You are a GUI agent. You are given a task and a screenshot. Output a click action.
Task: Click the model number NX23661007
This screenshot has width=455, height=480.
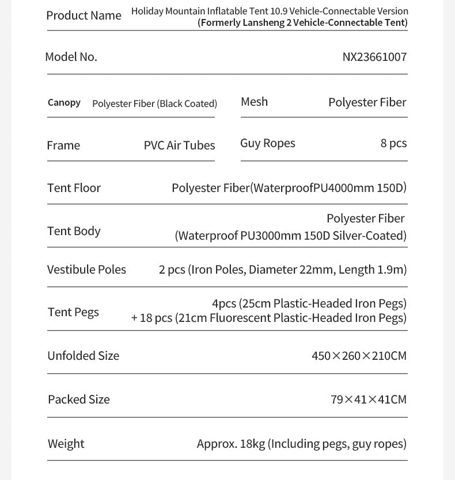point(374,57)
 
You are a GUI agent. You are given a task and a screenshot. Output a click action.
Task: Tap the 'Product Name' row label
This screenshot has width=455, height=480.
point(84,16)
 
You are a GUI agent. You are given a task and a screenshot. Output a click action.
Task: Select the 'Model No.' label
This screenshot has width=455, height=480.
point(71,57)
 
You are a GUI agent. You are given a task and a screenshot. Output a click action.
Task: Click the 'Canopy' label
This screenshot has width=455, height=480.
point(64,103)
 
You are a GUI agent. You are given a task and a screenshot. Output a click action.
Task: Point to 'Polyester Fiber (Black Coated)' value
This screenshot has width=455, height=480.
point(154,103)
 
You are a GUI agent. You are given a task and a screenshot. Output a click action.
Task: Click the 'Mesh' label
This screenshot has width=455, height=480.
point(254,102)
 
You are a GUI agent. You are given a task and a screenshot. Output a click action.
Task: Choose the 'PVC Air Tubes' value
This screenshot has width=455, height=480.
point(179,145)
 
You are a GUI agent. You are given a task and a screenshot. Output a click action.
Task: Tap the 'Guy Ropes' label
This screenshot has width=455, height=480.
point(267,143)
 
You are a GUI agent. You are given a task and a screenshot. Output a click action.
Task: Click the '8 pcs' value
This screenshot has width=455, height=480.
point(393,143)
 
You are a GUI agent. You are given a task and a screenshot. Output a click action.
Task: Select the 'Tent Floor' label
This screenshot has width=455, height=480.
point(74,188)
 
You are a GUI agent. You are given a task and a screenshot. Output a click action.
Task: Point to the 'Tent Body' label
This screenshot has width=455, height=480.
point(74,231)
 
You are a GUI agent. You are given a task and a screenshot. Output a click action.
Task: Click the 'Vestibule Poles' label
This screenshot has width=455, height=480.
point(86,270)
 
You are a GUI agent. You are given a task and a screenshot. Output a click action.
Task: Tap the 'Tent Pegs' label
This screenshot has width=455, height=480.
point(73,312)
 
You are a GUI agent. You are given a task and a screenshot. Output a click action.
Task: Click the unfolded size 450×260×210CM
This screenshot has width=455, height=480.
point(359,356)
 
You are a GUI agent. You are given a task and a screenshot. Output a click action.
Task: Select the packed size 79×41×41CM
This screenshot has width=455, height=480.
point(369,400)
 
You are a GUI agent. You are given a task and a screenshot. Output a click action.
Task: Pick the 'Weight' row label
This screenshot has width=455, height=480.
point(66,444)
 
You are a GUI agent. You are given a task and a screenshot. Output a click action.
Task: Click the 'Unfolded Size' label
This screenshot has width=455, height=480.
point(83,356)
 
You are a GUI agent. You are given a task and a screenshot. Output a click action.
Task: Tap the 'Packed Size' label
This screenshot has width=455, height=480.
point(78,400)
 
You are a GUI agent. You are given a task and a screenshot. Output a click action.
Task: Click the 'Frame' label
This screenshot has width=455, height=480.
point(63,145)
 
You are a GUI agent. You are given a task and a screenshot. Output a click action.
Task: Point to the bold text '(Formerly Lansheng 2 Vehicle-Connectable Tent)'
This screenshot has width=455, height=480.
point(302,23)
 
